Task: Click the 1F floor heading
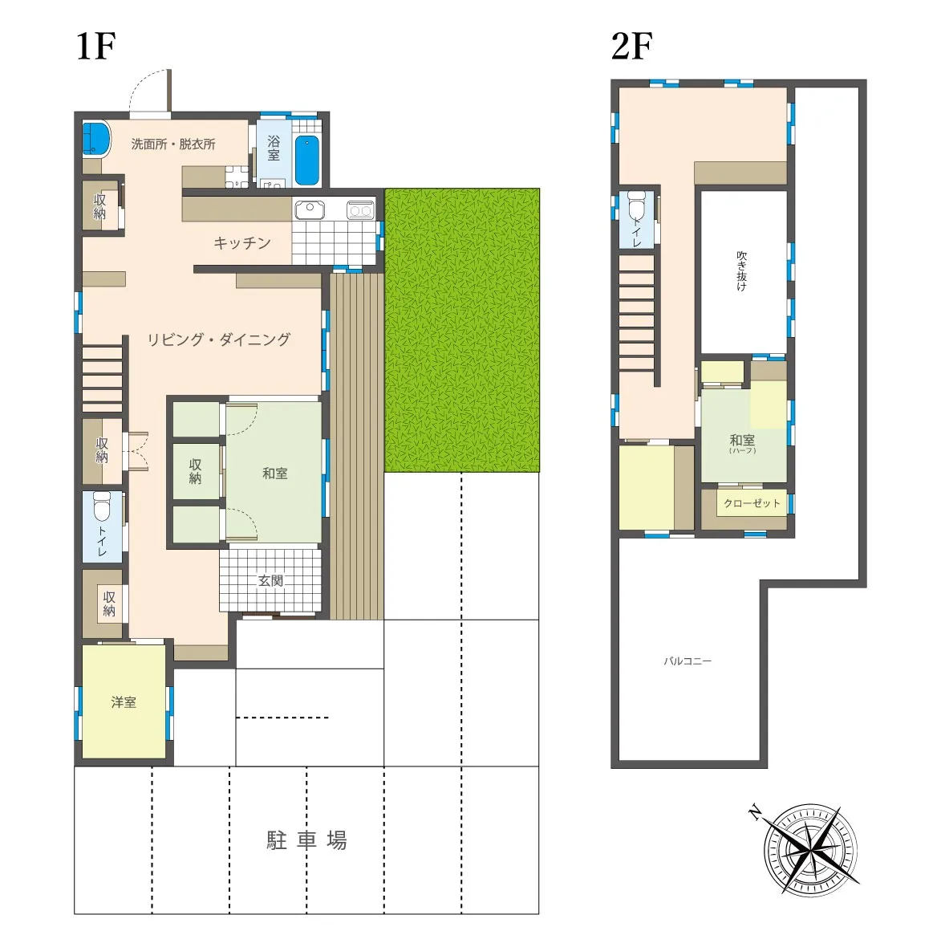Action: coord(95,46)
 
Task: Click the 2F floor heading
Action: coord(631,46)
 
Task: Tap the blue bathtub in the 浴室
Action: coord(306,160)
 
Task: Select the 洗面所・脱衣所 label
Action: coord(172,144)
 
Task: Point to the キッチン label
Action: coord(242,242)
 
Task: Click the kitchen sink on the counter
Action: coord(310,209)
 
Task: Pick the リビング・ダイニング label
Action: coord(218,339)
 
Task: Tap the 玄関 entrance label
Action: coord(270,580)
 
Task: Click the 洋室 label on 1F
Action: coord(124,702)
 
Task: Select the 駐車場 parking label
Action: coord(306,840)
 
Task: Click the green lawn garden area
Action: coord(462,330)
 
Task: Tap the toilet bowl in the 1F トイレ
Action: coord(102,507)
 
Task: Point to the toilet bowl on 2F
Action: coord(636,206)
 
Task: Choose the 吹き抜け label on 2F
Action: coord(742,271)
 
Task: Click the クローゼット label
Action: coord(752,503)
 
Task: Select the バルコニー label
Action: coord(687,661)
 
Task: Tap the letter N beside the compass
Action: coord(756,814)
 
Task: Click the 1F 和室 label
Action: coord(275,473)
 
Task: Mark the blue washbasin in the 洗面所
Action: coord(96,138)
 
